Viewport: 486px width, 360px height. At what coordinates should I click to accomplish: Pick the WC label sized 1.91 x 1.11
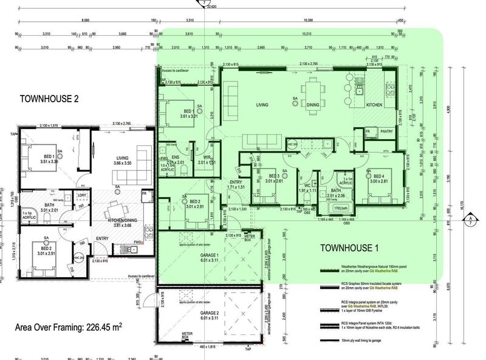307,185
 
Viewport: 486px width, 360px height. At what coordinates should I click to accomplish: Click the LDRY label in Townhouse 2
81,195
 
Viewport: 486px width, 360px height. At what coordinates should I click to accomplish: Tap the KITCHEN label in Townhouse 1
374,105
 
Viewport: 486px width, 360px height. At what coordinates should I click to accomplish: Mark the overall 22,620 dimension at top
211,7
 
